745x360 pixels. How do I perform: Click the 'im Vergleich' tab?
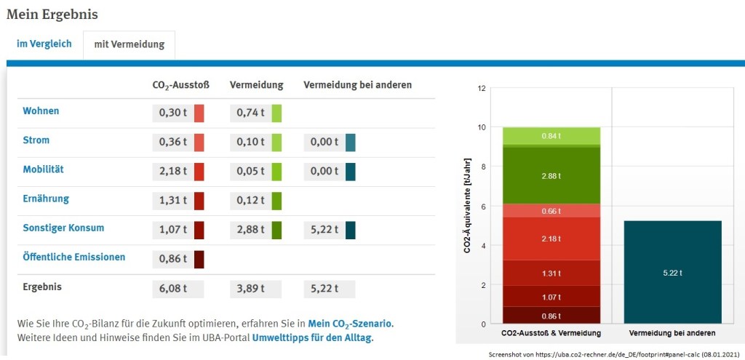[x=44, y=44]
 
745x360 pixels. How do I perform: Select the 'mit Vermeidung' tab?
[x=129, y=44]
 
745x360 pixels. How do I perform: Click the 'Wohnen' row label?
[x=41, y=111]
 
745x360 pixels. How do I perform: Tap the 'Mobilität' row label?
[x=43, y=169]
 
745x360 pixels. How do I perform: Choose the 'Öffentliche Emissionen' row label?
[x=73, y=257]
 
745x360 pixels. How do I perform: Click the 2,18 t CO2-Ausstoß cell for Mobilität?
[x=172, y=172]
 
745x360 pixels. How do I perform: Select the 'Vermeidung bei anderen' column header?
[x=357, y=85]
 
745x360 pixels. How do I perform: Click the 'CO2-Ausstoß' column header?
[x=180, y=85]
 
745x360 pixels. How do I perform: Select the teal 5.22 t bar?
[x=673, y=272]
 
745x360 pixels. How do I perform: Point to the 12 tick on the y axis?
[x=480, y=89]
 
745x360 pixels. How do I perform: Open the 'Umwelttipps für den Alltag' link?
[x=311, y=338]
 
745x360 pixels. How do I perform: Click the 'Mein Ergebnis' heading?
[x=52, y=14]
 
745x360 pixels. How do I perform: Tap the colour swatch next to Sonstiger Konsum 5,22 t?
[x=351, y=230]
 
